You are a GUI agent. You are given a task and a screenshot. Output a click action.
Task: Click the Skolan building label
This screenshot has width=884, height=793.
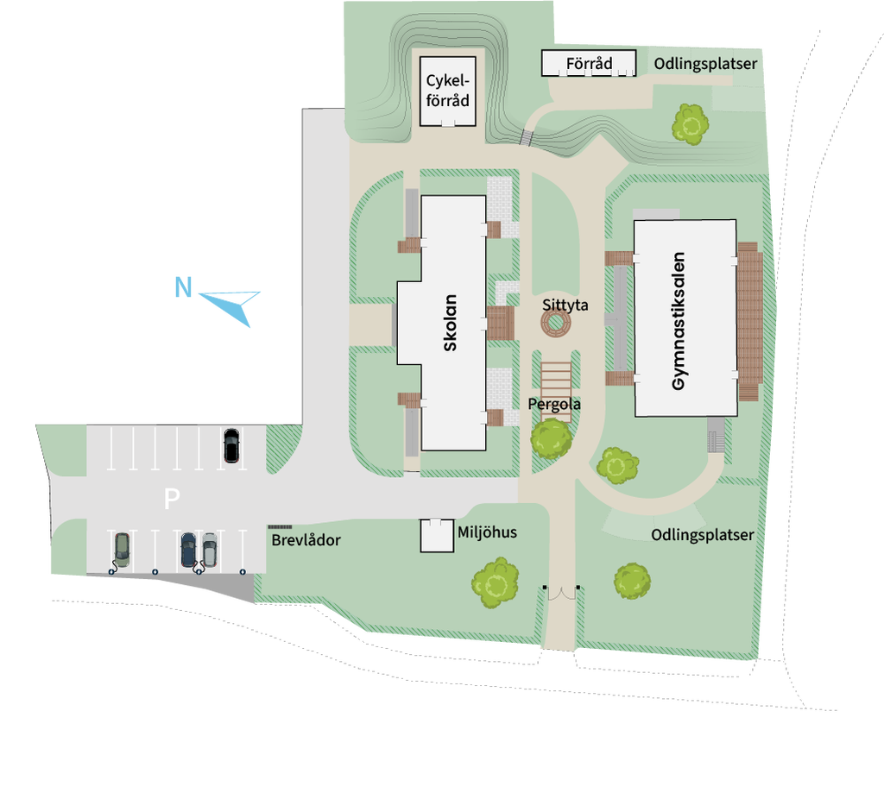click(450, 324)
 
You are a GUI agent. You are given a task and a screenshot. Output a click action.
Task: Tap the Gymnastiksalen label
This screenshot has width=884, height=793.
click(679, 320)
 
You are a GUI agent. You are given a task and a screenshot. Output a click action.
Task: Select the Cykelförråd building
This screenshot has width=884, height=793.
click(448, 89)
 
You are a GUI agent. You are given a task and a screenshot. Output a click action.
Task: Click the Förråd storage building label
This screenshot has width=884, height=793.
click(590, 63)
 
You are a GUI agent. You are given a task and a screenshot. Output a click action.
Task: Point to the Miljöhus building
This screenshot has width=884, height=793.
click(437, 536)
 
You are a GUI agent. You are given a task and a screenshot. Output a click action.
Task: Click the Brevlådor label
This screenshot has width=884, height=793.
click(306, 541)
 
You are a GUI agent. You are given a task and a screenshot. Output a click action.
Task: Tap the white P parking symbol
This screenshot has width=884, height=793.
click(172, 498)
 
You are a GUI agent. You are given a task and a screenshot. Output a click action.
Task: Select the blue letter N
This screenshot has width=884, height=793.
click(182, 286)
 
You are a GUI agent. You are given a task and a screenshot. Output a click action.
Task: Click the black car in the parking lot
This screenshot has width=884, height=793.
click(231, 445)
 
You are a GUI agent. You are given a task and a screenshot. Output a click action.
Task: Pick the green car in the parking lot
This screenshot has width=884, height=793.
click(122, 549)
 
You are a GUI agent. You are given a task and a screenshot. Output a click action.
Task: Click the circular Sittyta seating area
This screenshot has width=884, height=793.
click(557, 324)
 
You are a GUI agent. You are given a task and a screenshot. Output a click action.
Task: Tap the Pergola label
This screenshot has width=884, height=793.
click(554, 404)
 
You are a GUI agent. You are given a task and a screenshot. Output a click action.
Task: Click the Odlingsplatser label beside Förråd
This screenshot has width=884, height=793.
click(705, 63)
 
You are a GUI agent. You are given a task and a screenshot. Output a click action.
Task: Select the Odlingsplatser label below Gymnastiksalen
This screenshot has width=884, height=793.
click(703, 535)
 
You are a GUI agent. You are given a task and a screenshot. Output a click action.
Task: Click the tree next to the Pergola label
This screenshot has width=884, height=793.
click(551, 437)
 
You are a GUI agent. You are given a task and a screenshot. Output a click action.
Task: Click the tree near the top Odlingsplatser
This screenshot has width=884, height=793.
click(691, 124)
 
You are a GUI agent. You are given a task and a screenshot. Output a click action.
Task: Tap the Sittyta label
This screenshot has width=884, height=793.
click(565, 305)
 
